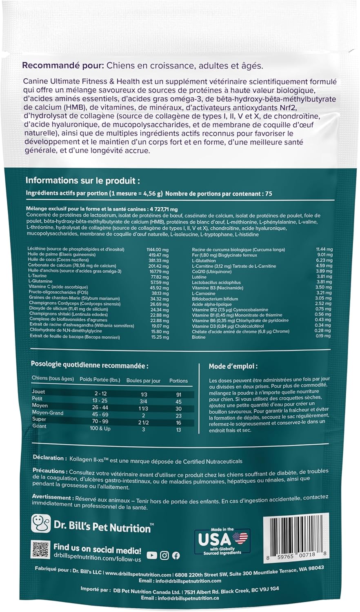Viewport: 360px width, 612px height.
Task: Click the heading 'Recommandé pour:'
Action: (x=58, y=66)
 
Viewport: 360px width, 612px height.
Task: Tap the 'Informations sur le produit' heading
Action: (x=83, y=181)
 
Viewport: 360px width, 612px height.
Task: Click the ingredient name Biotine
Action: (x=199, y=337)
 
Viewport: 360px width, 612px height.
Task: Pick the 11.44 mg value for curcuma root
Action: (x=324, y=249)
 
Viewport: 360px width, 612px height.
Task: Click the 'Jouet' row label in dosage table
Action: (x=39, y=392)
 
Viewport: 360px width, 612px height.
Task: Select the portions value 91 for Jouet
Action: (x=178, y=395)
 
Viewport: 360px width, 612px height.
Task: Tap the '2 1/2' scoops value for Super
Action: (x=143, y=423)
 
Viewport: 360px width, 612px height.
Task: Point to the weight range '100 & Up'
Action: (x=100, y=429)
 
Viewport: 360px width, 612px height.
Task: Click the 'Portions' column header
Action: (x=178, y=381)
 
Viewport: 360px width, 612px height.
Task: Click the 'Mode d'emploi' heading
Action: (x=233, y=366)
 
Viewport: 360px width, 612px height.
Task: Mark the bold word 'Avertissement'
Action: (x=52, y=498)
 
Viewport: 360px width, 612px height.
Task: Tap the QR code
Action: (x=40, y=549)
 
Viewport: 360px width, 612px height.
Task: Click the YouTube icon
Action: (x=151, y=555)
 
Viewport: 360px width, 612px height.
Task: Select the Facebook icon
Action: (x=176, y=555)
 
